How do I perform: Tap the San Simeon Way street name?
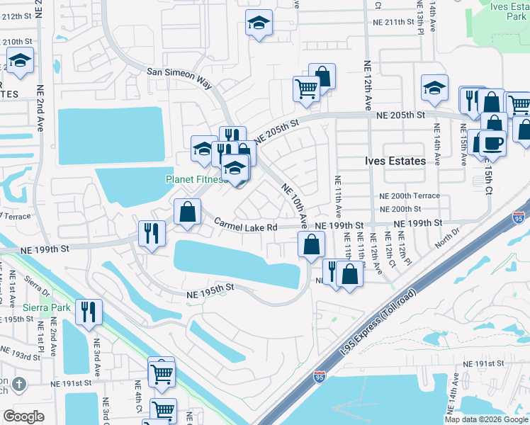[x=179, y=76]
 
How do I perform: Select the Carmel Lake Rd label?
[x=246, y=225]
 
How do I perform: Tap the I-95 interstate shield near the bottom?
[x=320, y=378]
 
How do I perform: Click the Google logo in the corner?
[x=23, y=416]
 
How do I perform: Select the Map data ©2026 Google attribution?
[x=486, y=419]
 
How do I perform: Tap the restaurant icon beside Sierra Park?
[x=89, y=312]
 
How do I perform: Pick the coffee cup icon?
[x=492, y=142]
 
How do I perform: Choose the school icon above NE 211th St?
[x=259, y=24]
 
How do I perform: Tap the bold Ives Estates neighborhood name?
[x=396, y=161]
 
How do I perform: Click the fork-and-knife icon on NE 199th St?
[x=151, y=233]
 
